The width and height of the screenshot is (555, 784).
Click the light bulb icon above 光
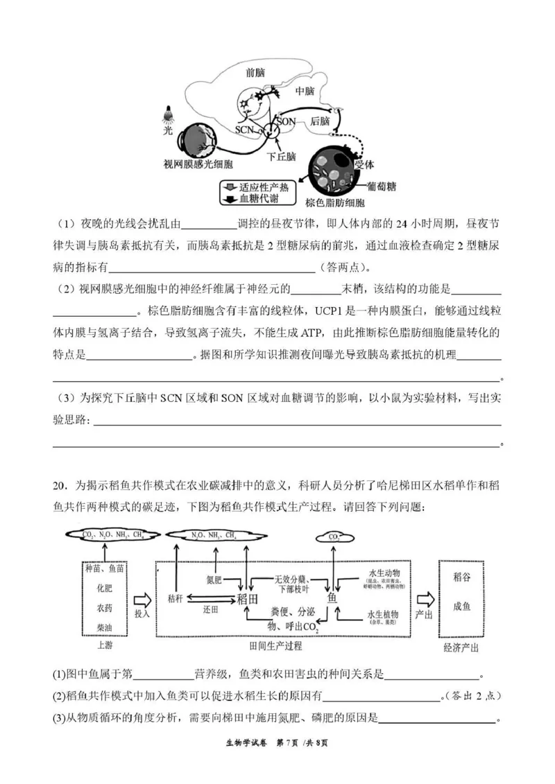tap(167, 112)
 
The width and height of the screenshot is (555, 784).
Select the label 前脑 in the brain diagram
tap(255, 71)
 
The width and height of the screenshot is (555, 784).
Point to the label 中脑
tap(305, 92)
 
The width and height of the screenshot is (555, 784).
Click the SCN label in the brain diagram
tap(244, 130)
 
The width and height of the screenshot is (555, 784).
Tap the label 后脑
tap(320, 120)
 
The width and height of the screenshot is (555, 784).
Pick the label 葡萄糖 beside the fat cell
tap(381, 186)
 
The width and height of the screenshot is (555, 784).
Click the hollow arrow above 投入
tap(142, 598)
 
